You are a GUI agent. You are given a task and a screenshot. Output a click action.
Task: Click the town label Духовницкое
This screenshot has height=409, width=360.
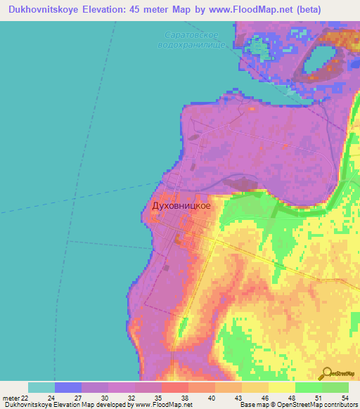coord(181,206)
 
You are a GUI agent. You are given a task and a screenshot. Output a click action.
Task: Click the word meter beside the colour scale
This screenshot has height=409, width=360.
coord(8,398)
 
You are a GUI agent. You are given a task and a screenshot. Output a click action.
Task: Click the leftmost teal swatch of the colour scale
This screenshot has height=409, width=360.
coord(41,387)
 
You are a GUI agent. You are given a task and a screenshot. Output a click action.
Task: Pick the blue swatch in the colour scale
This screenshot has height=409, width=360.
coord(67,387)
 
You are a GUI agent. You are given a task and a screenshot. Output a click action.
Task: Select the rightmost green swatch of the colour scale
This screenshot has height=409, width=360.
coord(335,387)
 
